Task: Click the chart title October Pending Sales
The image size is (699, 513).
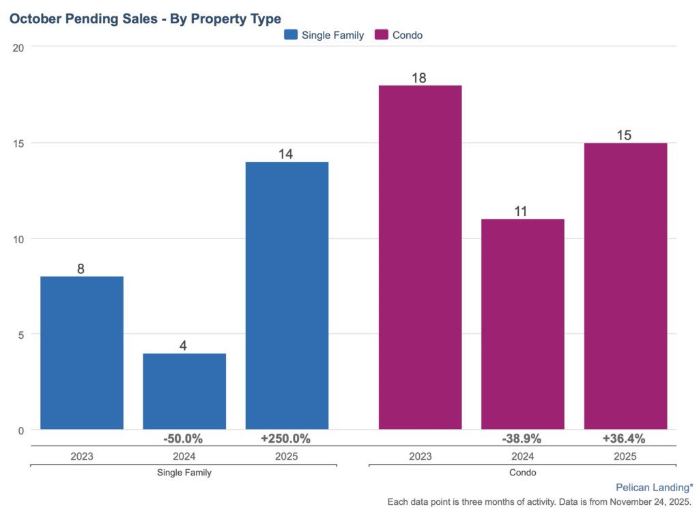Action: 145,18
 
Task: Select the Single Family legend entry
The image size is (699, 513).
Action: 324,35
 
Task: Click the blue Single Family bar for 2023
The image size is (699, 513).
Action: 82,352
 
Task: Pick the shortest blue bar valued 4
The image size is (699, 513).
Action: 184,391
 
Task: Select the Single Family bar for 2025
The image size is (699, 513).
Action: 287,296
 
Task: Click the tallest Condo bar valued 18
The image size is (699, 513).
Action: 420,258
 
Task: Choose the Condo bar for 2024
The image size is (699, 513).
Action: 522,324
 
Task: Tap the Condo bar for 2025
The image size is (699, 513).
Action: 625,286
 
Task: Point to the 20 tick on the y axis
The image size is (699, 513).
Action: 18,47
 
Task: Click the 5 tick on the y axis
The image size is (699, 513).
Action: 21,335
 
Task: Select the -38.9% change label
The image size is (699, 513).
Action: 522,439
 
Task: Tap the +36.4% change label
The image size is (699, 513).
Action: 623,439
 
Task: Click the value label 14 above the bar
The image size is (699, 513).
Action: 286,154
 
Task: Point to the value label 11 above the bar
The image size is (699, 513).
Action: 522,211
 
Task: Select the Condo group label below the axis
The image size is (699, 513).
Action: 522,473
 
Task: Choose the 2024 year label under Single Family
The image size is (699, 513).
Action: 184,457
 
